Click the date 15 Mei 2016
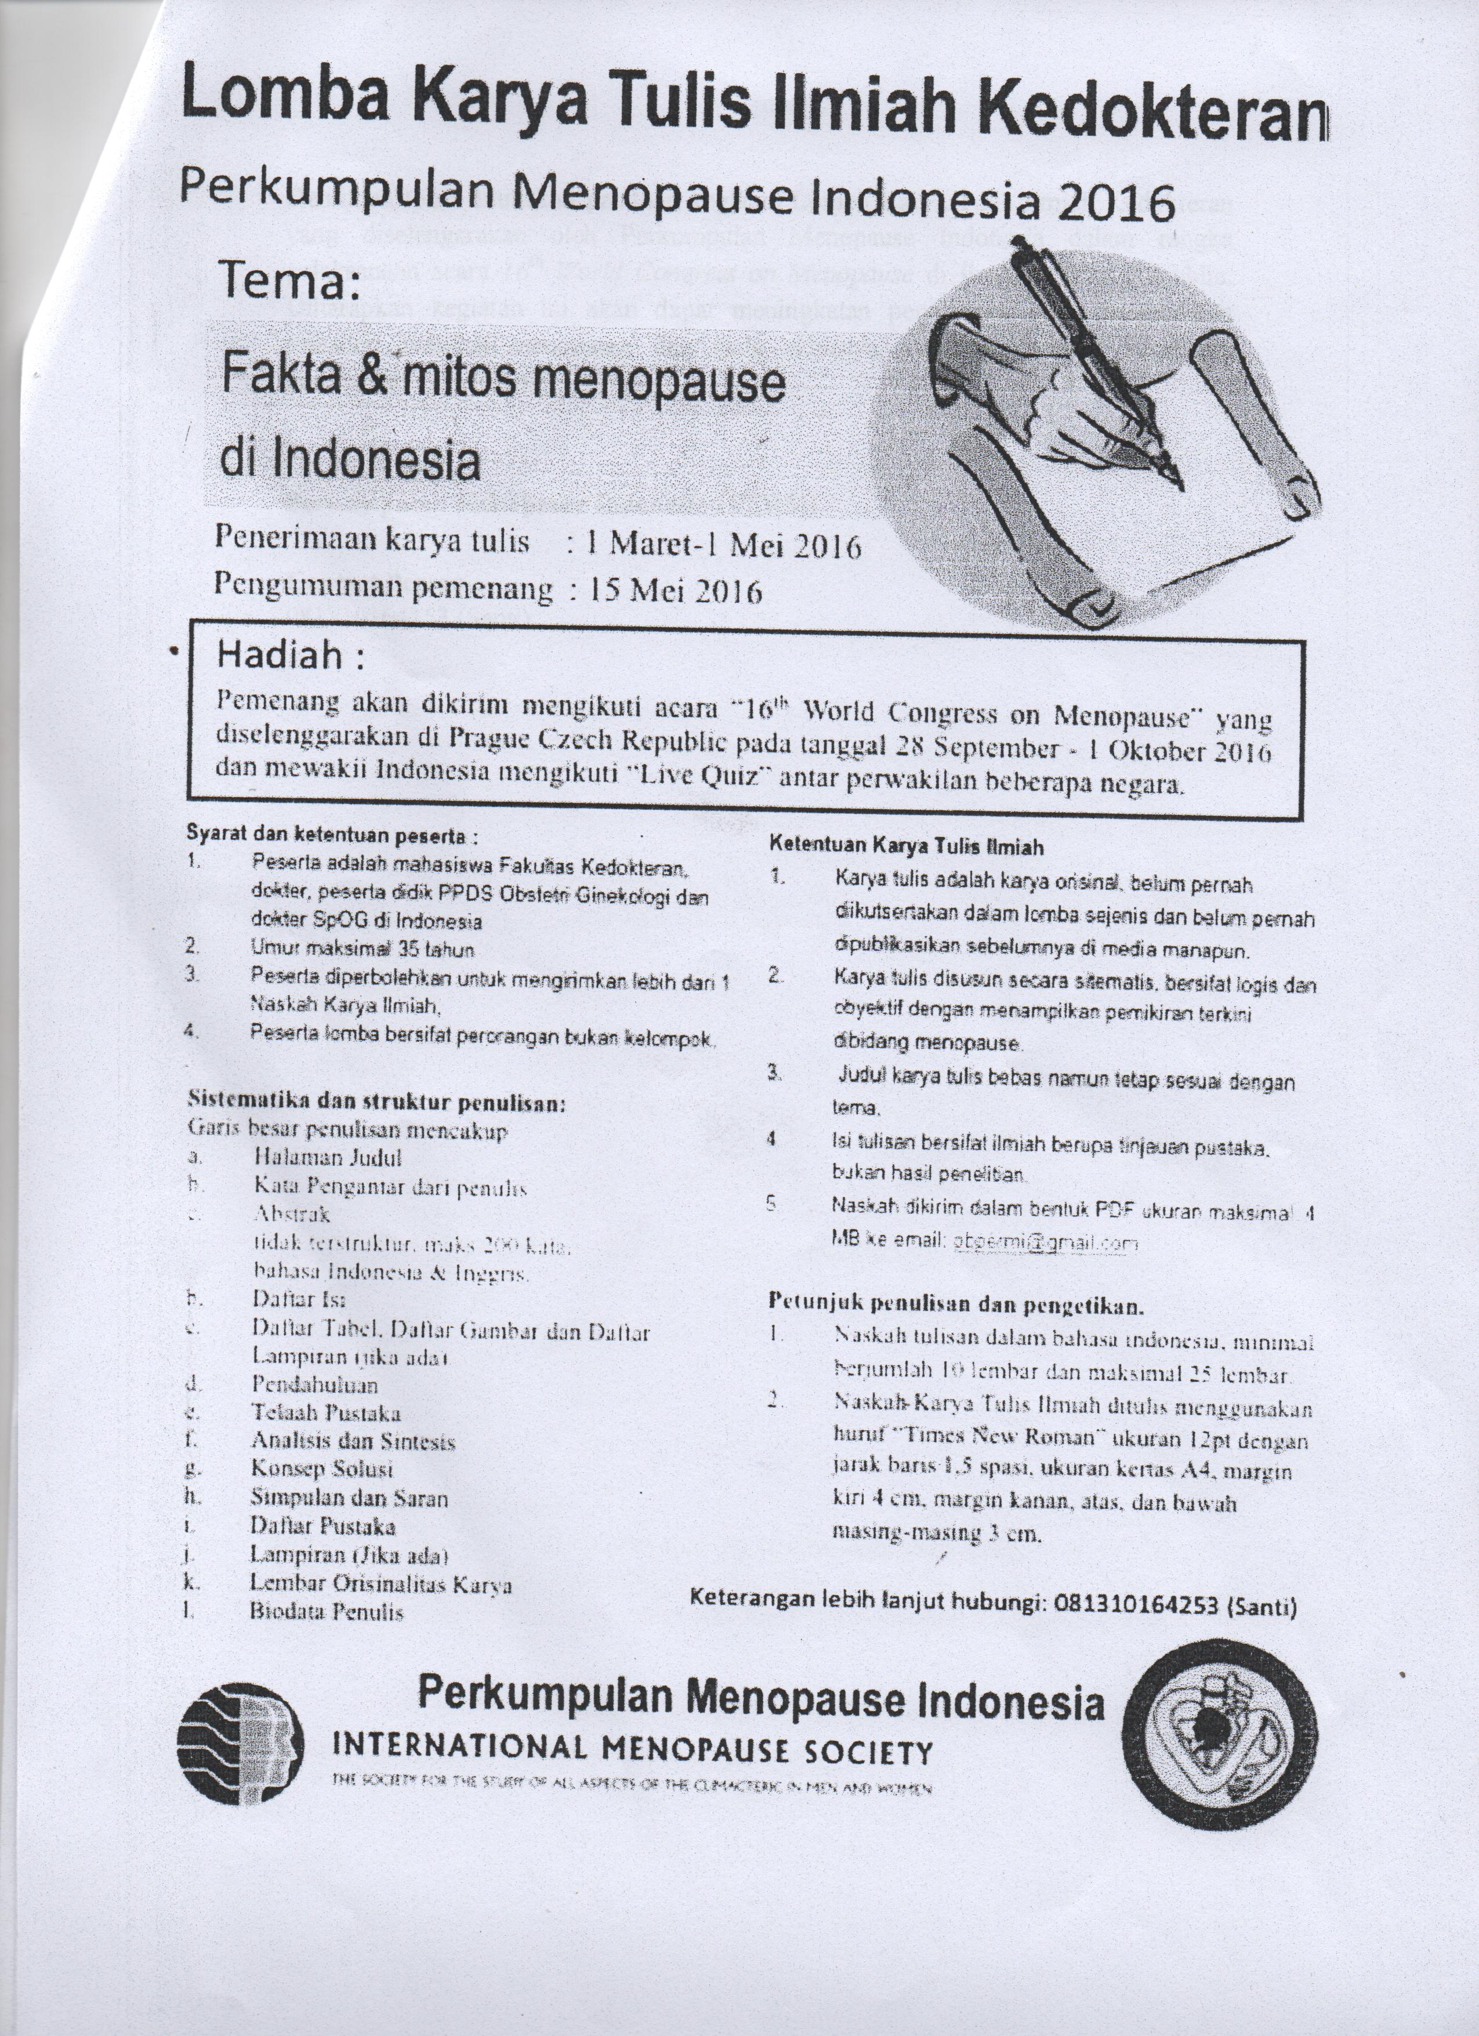[x=675, y=590]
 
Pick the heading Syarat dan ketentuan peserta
[x=332, y=835]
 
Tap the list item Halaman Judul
[x=328, y=1157]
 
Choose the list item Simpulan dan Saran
[x=350, y=1497]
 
